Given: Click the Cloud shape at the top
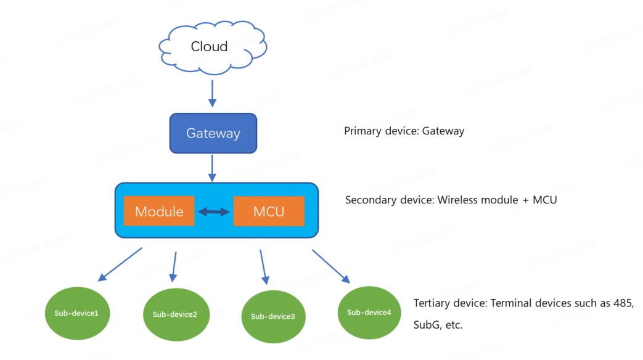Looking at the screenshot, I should click(210, 47).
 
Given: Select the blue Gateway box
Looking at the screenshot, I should click(213, 133).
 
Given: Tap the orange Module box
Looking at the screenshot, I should click(159, 211).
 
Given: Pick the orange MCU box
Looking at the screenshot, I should click(269, 211).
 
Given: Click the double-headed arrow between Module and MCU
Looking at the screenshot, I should click(213, 212).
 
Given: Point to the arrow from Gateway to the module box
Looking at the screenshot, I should click(212, 168).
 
